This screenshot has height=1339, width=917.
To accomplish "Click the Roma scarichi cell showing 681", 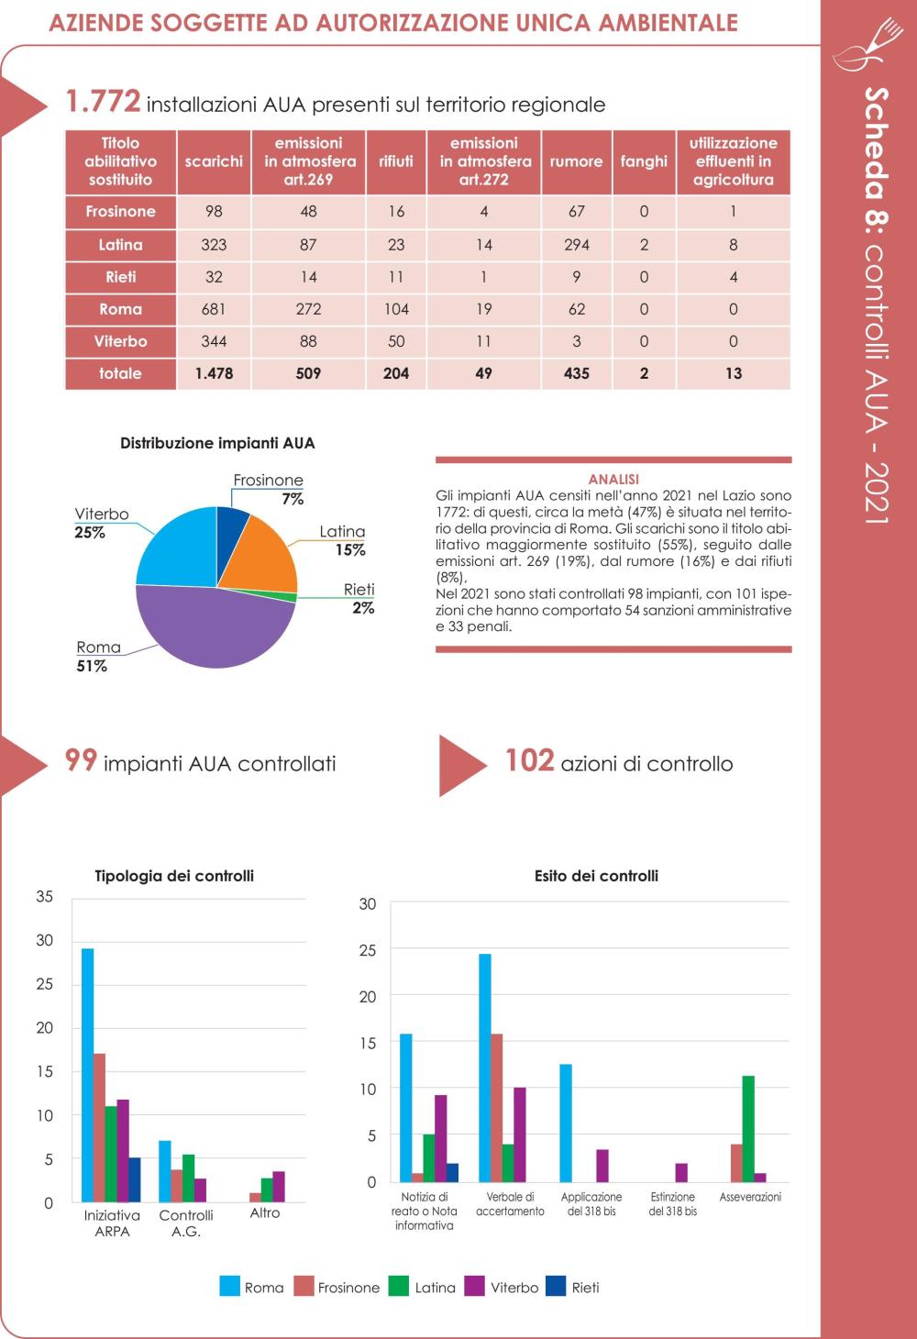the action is tap(214, 309).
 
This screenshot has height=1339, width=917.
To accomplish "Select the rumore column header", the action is tap(576, 161).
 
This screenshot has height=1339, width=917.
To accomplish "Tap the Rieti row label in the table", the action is tap(120, 277).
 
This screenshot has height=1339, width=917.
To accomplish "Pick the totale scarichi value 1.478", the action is tap(214, 373).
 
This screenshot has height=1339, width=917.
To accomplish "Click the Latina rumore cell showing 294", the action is tap(576, 245).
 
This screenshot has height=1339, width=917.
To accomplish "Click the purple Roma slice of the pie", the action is tap(215, 627).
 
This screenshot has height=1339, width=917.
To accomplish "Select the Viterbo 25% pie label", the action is tap(101, 523).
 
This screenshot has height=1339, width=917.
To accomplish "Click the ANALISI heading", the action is tap(613, 480).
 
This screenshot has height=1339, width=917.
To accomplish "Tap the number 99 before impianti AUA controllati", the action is tap(81, 761).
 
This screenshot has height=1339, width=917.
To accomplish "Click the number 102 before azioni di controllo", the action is tap(530, 761).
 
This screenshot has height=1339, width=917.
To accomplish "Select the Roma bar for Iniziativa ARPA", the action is tap(88, 1075).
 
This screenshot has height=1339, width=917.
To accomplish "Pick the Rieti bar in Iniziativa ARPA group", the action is tap(135, 1180).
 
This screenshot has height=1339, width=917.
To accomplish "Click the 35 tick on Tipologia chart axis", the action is tap(44, 897).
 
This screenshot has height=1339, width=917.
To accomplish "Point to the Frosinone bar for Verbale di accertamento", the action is tap(497, 1108).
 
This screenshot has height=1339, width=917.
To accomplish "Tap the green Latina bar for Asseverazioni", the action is tap(748, 1129).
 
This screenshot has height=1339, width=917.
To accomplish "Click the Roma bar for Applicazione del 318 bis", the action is tap(566, 1123).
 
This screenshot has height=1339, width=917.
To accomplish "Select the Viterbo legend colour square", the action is tap(475, 1287).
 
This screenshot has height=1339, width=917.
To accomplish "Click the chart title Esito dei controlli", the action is tap(596, 876).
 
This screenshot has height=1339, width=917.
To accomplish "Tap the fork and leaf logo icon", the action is tap(868, 45).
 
